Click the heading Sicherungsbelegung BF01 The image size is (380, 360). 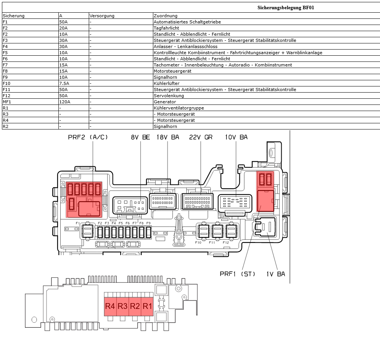(x=285, y=7)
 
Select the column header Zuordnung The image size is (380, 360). (x=165, y=16)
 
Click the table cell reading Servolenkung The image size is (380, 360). (x=169, y=96)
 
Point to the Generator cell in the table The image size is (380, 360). (x=165, y=102)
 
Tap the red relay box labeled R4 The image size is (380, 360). (x=110, y=306)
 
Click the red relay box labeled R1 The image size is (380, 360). (x=148, y=306)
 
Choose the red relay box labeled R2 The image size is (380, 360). (x=135, y=306)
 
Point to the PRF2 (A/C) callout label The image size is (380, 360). (x=88, y=137)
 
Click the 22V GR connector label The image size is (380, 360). (x=201, y=137)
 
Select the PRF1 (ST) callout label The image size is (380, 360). (x=237, y=274)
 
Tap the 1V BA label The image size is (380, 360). (x=276, y=274)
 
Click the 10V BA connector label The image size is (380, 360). (x=236, y=137)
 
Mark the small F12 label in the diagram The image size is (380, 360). (x=226, y=242)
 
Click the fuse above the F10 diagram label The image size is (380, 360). (x=203, y=231)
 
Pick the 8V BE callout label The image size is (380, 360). (x=140, y=137)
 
